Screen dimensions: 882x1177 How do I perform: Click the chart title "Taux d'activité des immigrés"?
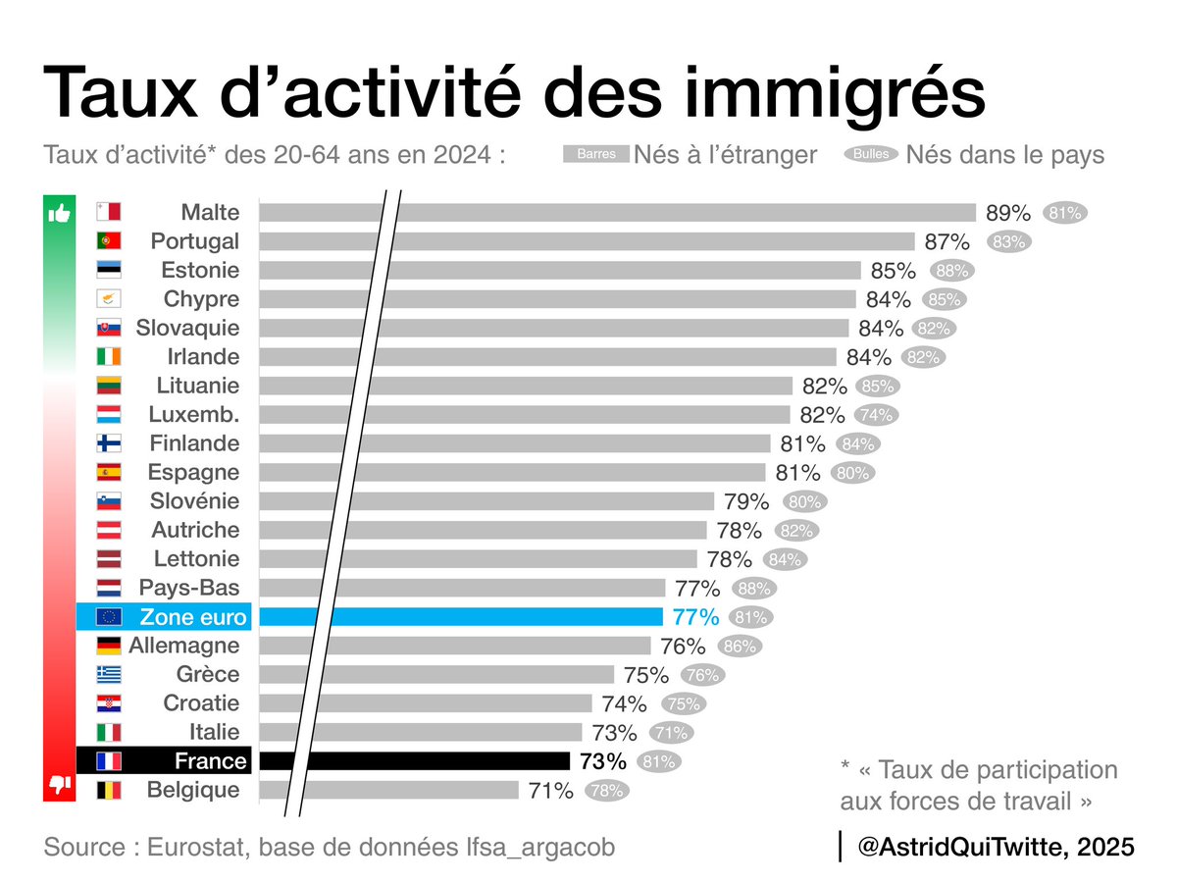pyautogui.click(x=512, y=93)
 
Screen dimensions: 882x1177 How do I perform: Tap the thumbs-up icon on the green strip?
pyautogui.click(x=60, y=213)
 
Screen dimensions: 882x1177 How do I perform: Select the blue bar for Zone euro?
pyautogui.click(x=461, y=617)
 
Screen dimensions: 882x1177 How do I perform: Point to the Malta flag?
pyautogui.click(x=108, y=212)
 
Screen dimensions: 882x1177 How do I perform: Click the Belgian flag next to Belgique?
pyautogui.click(x=108, y=790)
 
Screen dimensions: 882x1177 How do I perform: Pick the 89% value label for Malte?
pyautogui.click(x=1007, y=213)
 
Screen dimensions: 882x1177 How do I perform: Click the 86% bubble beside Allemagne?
pyautogui.click(x=739, y=647)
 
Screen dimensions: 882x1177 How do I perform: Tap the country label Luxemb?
pyautogui.click(x=193, y=414)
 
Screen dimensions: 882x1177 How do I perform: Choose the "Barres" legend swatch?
pyautogui.click(x=595, y=154)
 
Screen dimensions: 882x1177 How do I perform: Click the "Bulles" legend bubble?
pyautogui.click(x=870, y=154)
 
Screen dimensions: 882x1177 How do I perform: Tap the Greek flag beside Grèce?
pyautogui.click(x=108, y=675)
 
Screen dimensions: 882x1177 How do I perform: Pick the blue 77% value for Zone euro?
pyautogui.click(x=695, y=617)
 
